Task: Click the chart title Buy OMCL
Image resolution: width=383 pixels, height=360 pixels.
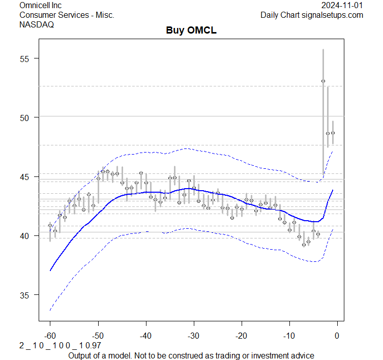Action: point(191,31)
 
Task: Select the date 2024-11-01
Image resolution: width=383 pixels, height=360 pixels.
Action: point(342,5)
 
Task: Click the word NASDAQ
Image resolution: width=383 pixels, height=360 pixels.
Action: point(37,25)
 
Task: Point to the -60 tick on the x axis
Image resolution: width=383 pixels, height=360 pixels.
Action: point(50,336)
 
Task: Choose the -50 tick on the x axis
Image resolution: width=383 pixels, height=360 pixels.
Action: point(98,336)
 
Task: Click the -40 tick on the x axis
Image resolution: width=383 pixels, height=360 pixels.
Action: point(145,336)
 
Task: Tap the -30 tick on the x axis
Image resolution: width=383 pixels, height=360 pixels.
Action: point(193,336)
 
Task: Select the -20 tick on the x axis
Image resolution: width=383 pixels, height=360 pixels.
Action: point(241,336)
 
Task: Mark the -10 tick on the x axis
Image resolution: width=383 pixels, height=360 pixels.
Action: point(289,336)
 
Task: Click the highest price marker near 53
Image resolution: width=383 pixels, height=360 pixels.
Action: point(323,81)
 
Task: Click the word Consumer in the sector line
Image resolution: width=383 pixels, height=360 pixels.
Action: point(38,15)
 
